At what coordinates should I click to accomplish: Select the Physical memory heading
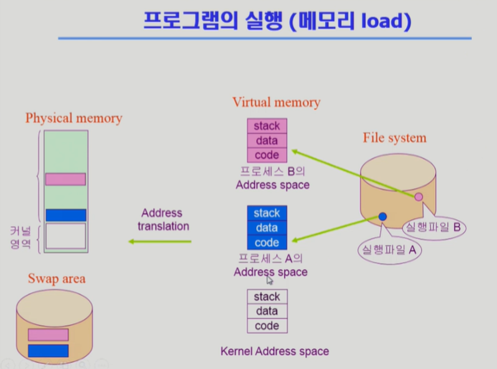[x=73, y=118]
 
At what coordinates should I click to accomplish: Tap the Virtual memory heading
[x=276, y=102]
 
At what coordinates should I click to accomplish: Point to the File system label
[x=395, y=138]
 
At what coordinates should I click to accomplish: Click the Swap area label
[x=57, y=278]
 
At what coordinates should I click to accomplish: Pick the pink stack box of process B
[x=267, y=126]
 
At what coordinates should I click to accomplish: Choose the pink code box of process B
[x=267, y=155]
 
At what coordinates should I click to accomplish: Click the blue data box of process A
[x=267, y=228]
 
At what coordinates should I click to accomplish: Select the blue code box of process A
[x=267, y=243]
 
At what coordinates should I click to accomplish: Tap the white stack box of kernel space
[x=267, y=297]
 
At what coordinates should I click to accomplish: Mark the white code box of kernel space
[x=267, y=326]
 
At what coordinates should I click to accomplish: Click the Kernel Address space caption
[x=275, y=352]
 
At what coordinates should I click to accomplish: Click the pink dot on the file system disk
[x=419, y=197]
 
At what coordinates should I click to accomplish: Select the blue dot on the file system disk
[x=382, y=217]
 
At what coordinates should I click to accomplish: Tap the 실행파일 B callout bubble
[x=433, y=228]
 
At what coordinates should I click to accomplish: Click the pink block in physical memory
[x=65, y=179]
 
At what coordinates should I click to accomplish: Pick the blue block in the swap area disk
[x=47, y=350]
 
